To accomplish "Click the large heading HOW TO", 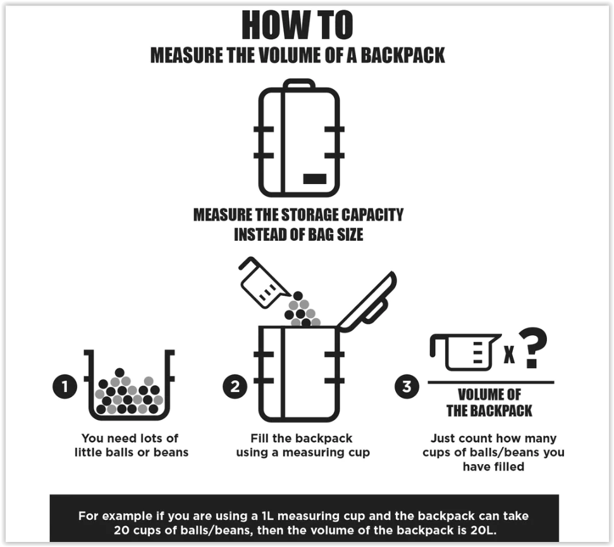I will tap(297, 26).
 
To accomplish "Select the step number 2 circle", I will tap(235, 386).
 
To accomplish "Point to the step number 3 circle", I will tap(407, 386).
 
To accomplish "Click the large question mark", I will tap(532, 349).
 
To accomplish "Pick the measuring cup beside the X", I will tap(465, 352).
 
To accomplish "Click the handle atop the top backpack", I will tap(299, 83).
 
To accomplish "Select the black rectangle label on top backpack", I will tap(314, 179).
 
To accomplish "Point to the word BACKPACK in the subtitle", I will tap(403, 55).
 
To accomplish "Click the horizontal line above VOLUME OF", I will tap(490, 382).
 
